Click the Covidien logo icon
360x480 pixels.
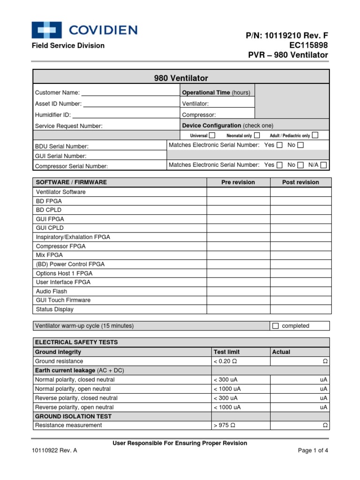47,30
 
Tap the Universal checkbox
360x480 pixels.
212,135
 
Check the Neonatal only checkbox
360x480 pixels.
257,135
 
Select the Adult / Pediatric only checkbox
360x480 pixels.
315,135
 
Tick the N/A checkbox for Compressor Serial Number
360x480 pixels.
323,165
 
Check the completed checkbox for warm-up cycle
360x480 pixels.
276,326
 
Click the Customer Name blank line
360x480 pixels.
130,93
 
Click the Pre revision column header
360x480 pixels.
238,182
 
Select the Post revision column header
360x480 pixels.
300,182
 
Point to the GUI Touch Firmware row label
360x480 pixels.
63,300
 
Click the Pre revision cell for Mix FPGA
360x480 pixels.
238,255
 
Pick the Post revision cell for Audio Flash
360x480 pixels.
300,291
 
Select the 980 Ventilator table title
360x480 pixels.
181,78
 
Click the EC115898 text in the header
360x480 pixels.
308,45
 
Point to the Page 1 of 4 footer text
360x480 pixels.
313,451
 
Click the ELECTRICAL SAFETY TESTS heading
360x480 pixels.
76,342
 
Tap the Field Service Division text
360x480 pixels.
68,45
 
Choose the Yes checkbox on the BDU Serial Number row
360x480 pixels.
279,145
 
